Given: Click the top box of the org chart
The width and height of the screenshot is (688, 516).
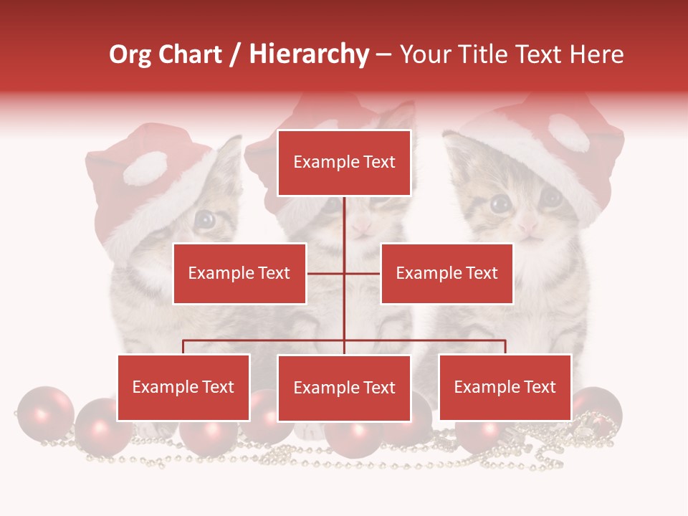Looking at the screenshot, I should [344, 163].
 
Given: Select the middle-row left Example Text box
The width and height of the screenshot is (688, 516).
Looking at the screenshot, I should [239, 273].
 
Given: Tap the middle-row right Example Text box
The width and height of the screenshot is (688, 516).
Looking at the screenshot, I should [446, 273].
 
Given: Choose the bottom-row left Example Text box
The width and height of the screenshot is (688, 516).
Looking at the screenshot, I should [183, 387].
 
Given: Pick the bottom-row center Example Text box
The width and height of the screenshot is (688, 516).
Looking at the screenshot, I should [344, 388].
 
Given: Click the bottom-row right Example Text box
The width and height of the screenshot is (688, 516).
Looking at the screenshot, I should [505, 387].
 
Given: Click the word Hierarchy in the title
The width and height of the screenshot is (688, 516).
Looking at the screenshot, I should [309, 54].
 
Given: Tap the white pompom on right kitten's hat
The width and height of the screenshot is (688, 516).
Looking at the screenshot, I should [568, 133].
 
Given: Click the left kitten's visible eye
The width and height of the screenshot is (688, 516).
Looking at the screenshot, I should [205, 219].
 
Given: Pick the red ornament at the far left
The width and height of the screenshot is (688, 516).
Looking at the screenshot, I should [44, 414].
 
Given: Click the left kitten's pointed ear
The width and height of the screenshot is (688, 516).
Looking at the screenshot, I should [231, 151].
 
